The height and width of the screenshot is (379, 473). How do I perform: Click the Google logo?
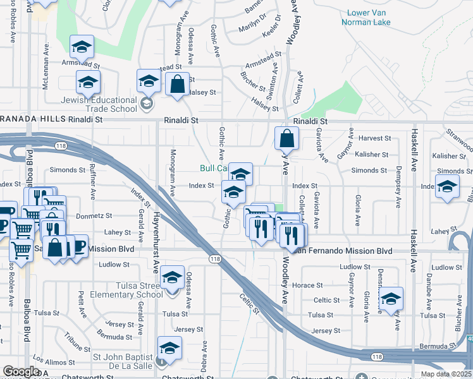21,371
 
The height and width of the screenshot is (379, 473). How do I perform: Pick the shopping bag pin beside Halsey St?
178,83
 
